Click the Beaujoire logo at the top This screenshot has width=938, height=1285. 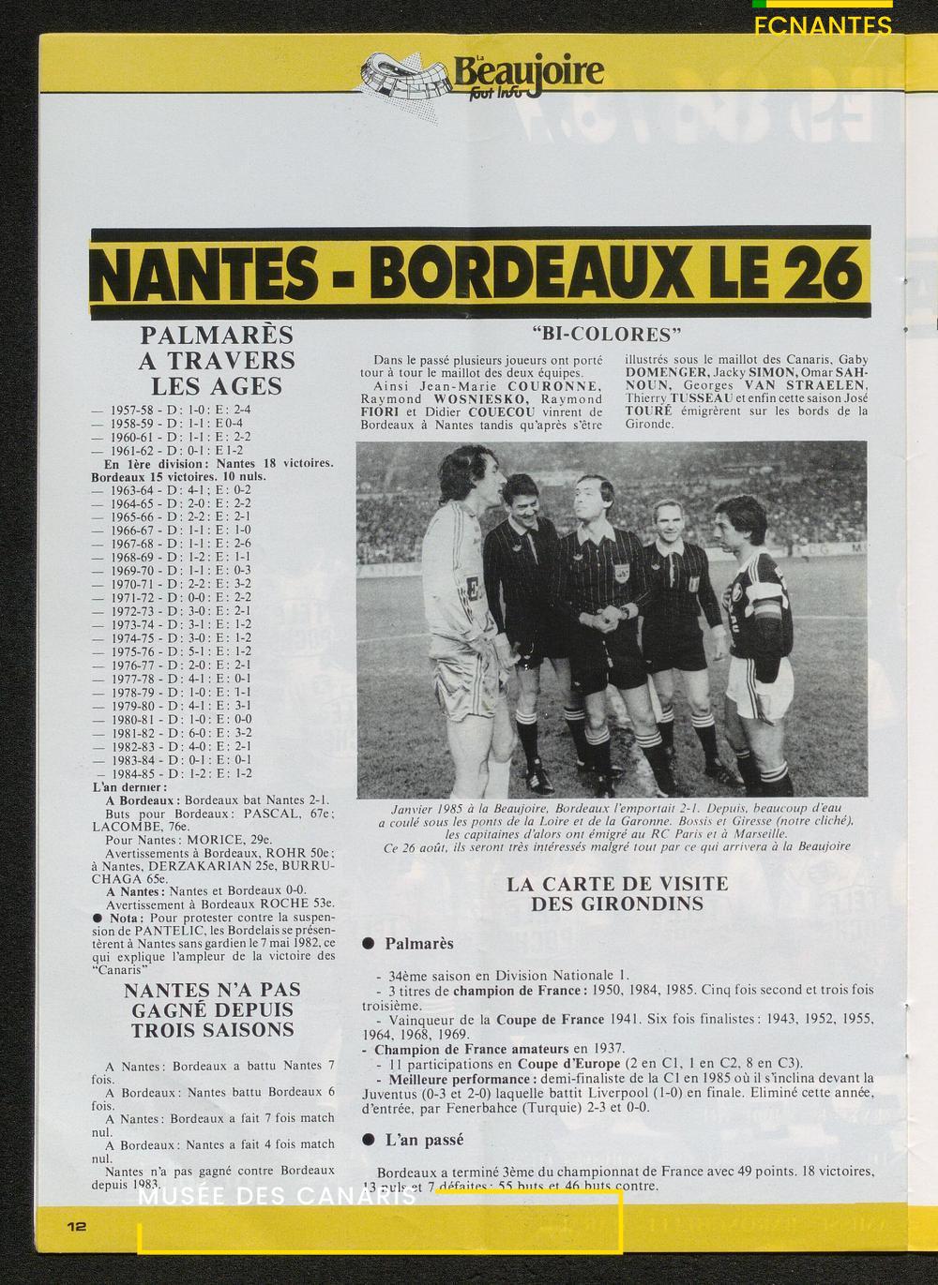click(x=484, y=73)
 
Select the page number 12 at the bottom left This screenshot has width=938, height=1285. click(x=77, y=1226)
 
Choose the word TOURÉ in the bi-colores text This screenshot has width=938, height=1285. click(x=647, y=411)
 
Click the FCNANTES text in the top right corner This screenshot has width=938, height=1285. click(x=823, y=27)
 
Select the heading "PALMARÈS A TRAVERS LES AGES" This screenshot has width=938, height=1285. click(x=217, y=360)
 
